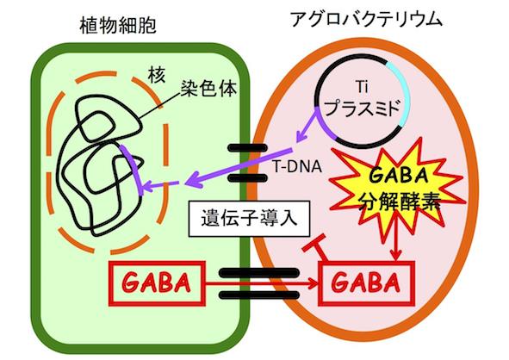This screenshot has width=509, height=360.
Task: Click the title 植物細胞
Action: click(x=118, y=26)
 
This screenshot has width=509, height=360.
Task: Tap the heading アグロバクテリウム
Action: click(x=367, y=19)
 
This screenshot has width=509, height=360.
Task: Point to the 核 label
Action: click(x=157, y=75)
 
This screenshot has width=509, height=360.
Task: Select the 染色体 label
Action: click(x=208, y=88)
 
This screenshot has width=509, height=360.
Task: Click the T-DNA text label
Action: click(x=296, y=167)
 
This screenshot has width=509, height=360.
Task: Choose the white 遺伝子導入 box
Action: click(x=249, y=218)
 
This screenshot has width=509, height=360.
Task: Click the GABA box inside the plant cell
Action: click(x=157, y=283)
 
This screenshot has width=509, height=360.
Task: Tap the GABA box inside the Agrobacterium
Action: click(x=367, y=283)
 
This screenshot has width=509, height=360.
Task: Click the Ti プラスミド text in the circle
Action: click(x=362, y=100)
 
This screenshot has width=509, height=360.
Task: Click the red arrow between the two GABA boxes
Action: click(x=263, y=283)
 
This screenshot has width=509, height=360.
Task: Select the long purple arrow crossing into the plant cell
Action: click(x=239, y=167)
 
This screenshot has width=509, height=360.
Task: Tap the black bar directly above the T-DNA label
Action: click(x=247, y=148)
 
